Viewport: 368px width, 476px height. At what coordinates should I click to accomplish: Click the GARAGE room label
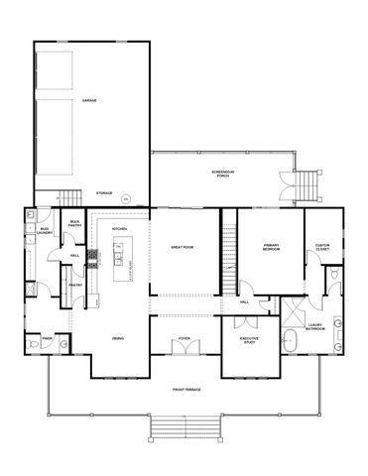pos(88,101)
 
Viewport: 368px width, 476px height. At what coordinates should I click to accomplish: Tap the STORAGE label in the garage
pos(103,192)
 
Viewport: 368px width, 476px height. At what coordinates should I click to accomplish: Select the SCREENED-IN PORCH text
pos(222,174)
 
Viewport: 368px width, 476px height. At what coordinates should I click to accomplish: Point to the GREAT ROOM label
pos(183,246)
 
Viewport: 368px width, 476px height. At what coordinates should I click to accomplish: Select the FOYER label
pos(184,338)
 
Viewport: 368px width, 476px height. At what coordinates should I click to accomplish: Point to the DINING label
pos(118,339)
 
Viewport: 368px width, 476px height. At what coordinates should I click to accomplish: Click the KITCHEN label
pos(119,229)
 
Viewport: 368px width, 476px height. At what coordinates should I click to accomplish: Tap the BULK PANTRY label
pos(75,224)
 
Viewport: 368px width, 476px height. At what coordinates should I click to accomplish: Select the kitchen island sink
pos(117,261)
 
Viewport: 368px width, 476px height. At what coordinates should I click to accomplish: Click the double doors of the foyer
pos(184,349)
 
